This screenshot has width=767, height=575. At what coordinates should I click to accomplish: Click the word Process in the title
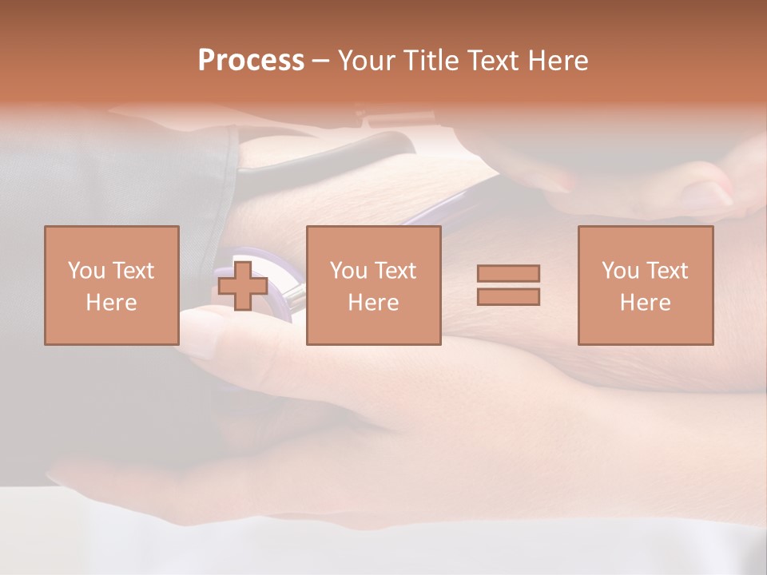point(251,61)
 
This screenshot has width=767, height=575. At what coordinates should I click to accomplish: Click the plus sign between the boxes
point(243,286)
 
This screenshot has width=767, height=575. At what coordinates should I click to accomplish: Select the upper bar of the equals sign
point(508,274)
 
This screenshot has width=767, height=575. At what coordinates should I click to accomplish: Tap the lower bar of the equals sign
point(508,297)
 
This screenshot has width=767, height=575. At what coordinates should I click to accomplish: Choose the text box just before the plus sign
point(112,285)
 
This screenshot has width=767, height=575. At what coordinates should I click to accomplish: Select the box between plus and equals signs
point(374,285)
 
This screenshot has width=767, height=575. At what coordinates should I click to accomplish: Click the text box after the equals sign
point(646,285)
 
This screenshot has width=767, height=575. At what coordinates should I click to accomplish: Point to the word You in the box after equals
point(620,271)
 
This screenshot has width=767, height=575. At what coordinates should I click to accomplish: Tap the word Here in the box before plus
point(112,303)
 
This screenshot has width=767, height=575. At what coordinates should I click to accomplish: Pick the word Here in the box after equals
point(646,303)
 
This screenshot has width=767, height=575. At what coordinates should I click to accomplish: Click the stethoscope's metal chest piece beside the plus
point(291,297)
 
